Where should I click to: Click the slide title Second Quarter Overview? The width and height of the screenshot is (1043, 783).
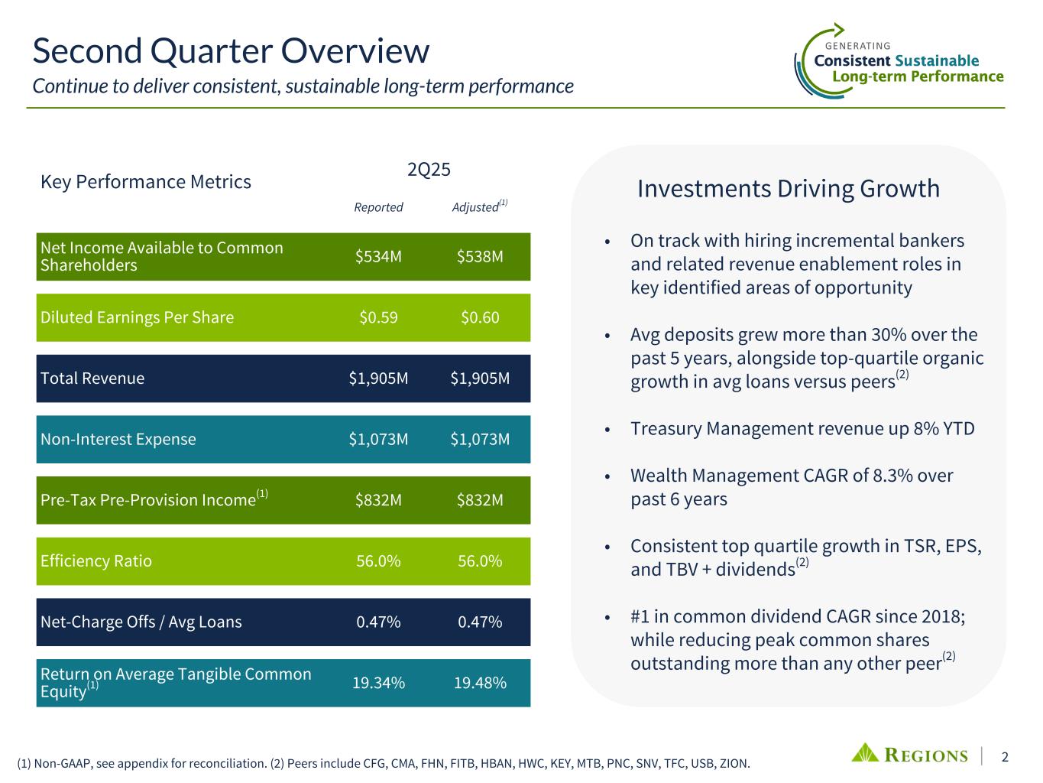click(x=231, y=51)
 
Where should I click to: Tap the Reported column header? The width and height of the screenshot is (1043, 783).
click(x=378, y=207)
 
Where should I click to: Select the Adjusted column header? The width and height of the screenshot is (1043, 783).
click(x=476, y=207)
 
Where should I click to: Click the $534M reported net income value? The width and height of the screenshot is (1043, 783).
click(x=378, y=256)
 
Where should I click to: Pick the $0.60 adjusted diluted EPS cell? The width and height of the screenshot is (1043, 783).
click(x=480, y=317)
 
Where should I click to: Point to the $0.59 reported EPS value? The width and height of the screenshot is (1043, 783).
click(x=378, y=317)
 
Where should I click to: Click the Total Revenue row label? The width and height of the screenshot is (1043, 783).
click(x=92, y=379)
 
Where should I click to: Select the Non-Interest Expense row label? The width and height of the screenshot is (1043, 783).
click(x=118, y=439)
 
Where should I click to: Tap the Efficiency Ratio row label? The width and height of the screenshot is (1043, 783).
click(x=96, y=560)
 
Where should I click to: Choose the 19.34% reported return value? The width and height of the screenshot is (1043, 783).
click(x=378, y=683)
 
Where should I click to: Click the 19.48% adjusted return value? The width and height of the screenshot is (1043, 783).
click(x=480, y=683)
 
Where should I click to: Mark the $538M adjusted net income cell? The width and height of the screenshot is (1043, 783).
click(x=480, y=256)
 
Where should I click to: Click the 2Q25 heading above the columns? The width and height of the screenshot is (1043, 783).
click(x=429, y=170)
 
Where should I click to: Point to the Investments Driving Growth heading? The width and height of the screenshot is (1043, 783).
click(x=788, y=188)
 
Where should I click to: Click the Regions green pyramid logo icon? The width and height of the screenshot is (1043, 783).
click(x=866, y=753)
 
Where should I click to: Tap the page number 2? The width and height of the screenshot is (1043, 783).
click(x=1005, y=757)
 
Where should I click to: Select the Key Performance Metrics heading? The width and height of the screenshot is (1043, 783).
click(x=146, y=182)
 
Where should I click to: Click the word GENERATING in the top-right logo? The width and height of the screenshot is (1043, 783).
click(x=858, y=46)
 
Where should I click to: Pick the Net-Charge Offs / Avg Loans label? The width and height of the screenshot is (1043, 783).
click(x=141, y=622)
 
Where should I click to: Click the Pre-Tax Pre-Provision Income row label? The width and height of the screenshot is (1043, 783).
click(x=147, y=500)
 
